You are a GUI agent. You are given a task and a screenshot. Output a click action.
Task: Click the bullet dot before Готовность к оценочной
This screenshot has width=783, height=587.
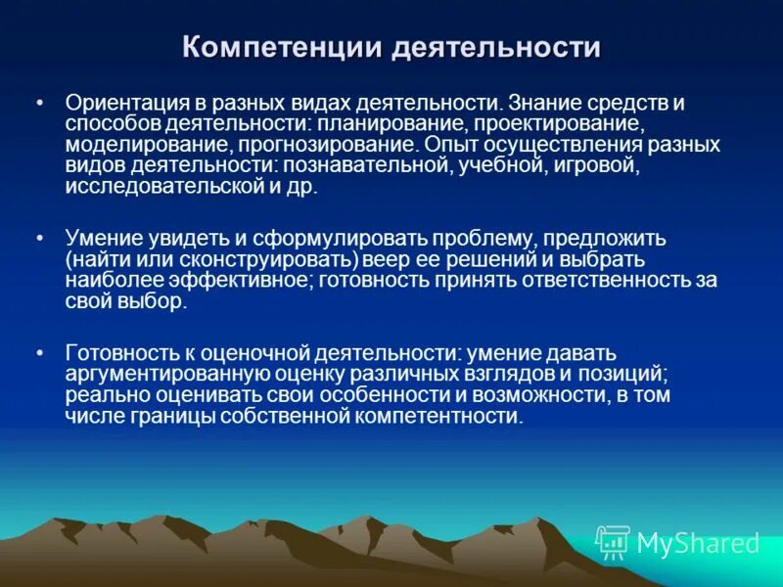tap(39, 352)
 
